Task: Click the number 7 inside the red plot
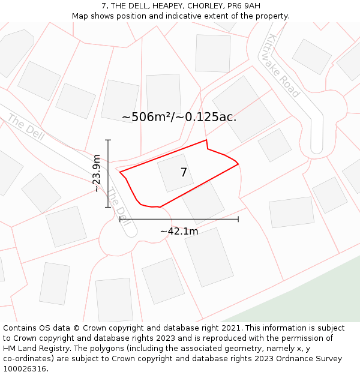(184, 173)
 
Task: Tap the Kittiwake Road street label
(282, 65)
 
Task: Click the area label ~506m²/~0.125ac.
(179, 117)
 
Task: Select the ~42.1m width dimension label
(179, 231)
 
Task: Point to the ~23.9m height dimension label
(97, 173)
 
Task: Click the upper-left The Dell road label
(26, 125)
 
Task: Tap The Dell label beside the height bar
(118, 204)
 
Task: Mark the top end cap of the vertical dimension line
(108, 140)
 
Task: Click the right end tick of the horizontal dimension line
(238, 219)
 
